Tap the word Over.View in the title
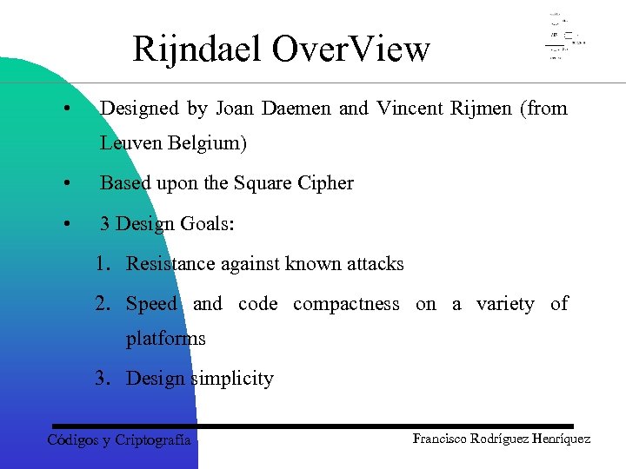tap(350, 50)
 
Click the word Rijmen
tap(481, 109)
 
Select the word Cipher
tap(324, 183)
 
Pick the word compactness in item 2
tap(346, 303)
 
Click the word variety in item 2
tap(505, 303)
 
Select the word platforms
tap(166, 338)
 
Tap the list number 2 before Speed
tap(103, 303)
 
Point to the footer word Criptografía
tap(153, 440)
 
